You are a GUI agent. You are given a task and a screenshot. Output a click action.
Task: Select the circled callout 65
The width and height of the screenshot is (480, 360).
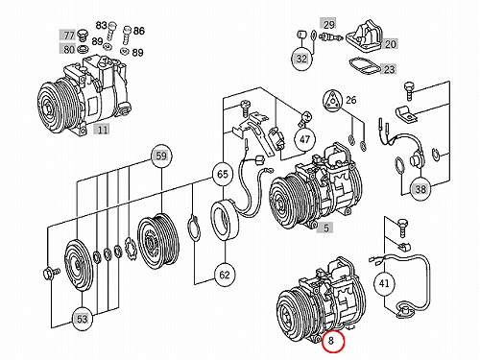pyautogui.click(x=223, y=174)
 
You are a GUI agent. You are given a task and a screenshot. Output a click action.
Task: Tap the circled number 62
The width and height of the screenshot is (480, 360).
pyautogui.click(x=225, y=275)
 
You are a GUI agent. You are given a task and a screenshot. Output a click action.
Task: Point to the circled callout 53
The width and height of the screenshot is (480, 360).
pyautogui.click(x=82, y=319)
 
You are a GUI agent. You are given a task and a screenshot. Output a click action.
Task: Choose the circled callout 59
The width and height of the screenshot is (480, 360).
pyautogui.click(x=161, y=156)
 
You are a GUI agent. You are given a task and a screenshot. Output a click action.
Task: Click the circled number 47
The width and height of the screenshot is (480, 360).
pyautogui.click(x=304, y=139)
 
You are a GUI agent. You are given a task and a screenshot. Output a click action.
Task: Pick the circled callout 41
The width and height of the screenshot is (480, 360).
pyautogui.click(x=384, y=283)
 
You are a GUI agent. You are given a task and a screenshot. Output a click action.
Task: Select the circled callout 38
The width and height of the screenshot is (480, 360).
pyautogui.click(x=420, y=189)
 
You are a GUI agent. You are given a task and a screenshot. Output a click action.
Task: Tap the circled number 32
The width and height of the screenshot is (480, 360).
pyautogui.click(x=301, y=59)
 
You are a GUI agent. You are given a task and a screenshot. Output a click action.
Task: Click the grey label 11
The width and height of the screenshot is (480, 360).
pyautogui.click(x=102, y=130)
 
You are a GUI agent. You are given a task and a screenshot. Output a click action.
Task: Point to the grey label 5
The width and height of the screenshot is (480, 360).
pyautogui.click(x=325, y=228)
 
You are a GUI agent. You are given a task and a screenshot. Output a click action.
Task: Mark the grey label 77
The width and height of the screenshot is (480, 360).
pyautogui.click(x=69, y=35)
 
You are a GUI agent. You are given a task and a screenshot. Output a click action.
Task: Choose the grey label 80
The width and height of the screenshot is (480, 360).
pyautogui.click(x=69, y=49)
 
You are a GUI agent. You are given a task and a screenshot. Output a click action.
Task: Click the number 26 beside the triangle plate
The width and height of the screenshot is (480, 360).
pyautogui.click(x=351, y=100)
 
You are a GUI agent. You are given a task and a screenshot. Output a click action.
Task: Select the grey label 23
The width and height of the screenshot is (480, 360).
pyautogui.click(x=389, y=69)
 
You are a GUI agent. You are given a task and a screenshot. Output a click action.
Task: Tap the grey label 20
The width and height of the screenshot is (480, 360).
pyautogui.click(x=390, y=44)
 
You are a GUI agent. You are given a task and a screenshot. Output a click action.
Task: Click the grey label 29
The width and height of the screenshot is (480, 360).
pyautogui.click(x=328, y=24)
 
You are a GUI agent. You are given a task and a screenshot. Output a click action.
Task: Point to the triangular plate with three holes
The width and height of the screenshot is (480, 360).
pyautogui.click(x=333, y=101)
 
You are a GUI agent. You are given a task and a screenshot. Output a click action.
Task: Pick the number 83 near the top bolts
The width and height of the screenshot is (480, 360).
pyautogui.click(x=101, y=25)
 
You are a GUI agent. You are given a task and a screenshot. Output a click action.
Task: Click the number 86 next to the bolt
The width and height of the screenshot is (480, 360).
pyautogui.click(x=138, y=31)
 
